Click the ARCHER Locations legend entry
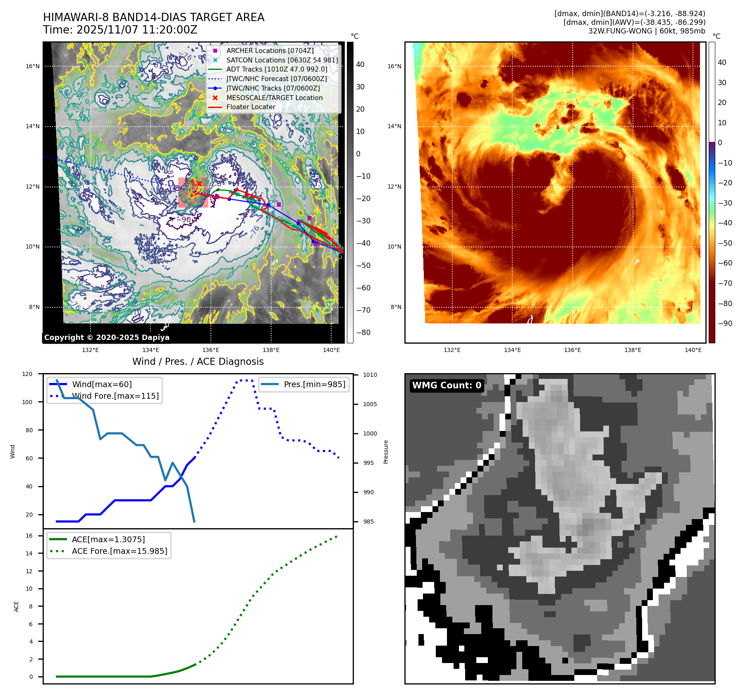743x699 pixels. pos(270,50)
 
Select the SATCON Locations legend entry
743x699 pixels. pos(282,60)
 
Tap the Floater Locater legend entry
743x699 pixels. pos(251,107)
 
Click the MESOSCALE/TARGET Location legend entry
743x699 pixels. pos(274,98)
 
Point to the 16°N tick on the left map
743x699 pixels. pos(33,66)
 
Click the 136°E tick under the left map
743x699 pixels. pos(210,350)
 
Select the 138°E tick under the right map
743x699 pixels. pos(633,350)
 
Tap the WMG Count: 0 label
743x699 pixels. pos(447,385)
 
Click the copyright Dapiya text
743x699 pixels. pos(107,338)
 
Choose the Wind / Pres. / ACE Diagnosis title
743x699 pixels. pos(198,361)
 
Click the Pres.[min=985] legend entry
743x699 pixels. pos(314,384)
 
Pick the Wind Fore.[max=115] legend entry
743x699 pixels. pos(115,396)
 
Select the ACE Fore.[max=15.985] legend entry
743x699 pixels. pos(119,551)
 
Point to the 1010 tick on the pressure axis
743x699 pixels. pos(370,375)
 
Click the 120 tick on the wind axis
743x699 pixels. pos(27,374)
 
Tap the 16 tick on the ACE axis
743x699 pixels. pos(29,536)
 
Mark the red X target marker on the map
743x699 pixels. pos(199,184)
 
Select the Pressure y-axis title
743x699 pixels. pos(386,452)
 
